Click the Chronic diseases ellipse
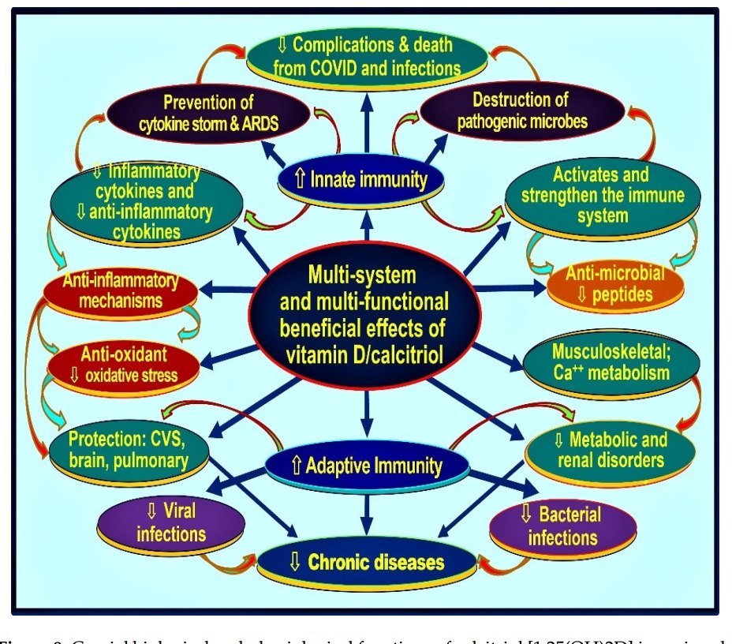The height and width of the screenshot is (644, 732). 367,562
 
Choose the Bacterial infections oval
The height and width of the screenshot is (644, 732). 562,526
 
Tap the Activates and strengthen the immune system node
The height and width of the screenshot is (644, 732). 602,195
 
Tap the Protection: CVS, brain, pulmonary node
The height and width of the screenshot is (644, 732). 128,450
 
